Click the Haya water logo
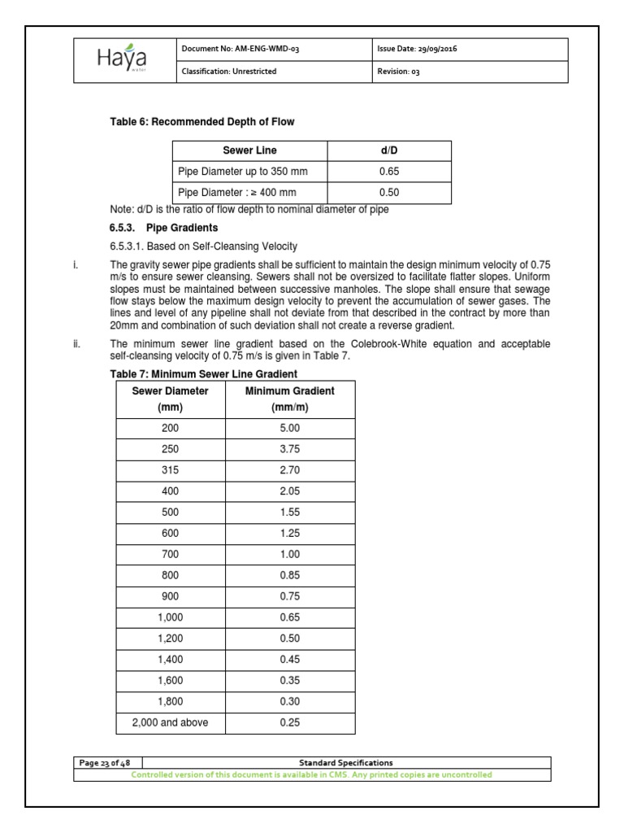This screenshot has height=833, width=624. click(124, 59)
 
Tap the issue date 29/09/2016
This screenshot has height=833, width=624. click(418, 50)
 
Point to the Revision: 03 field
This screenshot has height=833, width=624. click(399, 72)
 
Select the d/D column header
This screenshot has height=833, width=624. click(389, 151)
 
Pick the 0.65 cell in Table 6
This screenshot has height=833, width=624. click(389, 172)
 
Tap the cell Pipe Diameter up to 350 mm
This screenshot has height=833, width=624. click(242, 172)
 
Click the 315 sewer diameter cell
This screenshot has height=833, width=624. click(170, 469)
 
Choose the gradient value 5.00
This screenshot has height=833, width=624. click(290, 427)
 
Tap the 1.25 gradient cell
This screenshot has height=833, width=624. click(290, 533)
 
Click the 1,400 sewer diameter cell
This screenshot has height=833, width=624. click(170, 660)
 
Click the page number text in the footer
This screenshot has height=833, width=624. click(106, 763)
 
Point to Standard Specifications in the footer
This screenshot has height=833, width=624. click(346, 763)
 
